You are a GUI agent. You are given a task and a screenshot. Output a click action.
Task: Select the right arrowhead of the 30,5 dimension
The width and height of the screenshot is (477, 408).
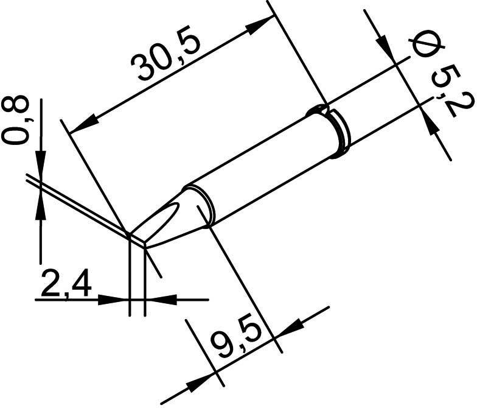pos(262,24)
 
